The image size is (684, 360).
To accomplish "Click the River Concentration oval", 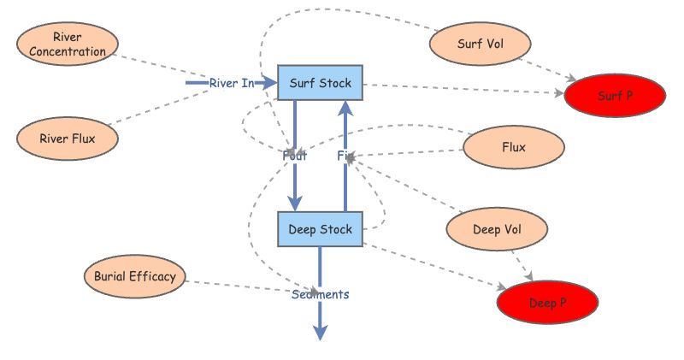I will pyautogui.click(x=68, y=44).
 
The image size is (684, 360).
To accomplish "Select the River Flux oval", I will pyautogui.click(x=68, y=138).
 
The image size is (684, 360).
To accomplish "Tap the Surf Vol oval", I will pyautogui.click(x=481, y=44).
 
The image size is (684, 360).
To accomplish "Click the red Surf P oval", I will pyautogui.click(x=615, y=96).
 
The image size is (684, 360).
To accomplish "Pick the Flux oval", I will pyautogui.click(x=514, y=147).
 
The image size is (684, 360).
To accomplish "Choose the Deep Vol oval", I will pyautogui.click(x=498, y=229).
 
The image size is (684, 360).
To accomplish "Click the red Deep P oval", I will pyautogui.click(x=547, y=302).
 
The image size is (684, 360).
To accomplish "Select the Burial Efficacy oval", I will pyautogui.click(x=134, y=276).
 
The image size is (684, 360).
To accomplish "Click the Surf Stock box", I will pyautogui.click(x=321, y=83).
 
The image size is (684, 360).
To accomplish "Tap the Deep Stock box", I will pyautogui.click(x=321, y=229).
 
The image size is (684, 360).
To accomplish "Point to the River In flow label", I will pyautogui.click(x=232, y=83).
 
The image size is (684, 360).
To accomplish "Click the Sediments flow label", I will pyautogui.click(x=320, y=294).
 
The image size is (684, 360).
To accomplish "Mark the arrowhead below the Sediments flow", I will pyautogui.click(x=321, y=333).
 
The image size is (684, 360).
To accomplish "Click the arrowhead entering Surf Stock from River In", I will pyautogui.click(x=271, y=83).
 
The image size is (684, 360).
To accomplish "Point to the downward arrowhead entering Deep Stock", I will pyautogui.click(x=295, y=203).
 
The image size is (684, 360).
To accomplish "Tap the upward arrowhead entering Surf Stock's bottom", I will pyautogui.click(x=345, y=109).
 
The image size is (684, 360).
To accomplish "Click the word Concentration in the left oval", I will pyautogui.click(x=68, y=51).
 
